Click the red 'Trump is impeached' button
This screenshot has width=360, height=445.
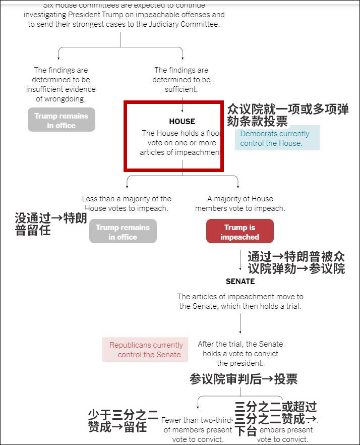(239, 232)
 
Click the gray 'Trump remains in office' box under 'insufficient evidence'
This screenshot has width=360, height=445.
(61, 120)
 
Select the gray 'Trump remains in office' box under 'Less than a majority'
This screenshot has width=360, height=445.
(123, 232)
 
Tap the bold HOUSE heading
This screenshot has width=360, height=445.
(182, 122)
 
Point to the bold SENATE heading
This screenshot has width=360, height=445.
(240, 282)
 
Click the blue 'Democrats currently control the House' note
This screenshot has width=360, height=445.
(277, 138)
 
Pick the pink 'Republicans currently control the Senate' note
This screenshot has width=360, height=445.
(146, 350)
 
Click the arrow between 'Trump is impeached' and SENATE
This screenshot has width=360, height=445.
(240, 260)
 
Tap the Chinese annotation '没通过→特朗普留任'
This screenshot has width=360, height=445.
(51, 225)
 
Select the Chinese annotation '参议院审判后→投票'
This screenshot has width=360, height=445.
(243, 379)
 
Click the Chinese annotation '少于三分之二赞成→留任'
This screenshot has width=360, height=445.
(124, 421)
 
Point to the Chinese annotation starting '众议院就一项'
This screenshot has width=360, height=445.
(287, 115)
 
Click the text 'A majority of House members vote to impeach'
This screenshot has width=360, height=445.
(240, 203)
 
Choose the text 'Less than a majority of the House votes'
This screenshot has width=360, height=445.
(127, 203)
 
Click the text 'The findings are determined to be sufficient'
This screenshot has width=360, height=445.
(181, 79)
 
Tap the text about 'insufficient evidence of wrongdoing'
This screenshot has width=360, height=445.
(61, 84)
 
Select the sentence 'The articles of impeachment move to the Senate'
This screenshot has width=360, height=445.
(240, 301)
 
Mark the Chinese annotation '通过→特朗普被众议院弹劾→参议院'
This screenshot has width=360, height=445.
(296, 262)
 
